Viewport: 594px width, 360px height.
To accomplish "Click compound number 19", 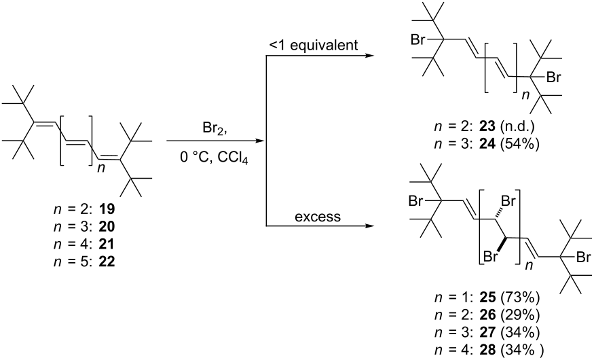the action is (x=107, y=209).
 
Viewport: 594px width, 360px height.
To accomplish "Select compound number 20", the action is (x=107, y=227).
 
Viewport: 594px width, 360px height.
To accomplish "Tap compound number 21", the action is (x=107, y=244).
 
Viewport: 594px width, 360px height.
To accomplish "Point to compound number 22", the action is (x=107, y=262).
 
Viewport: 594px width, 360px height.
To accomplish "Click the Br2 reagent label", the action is (x=215, y=129).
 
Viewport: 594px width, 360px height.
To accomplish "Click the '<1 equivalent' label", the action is (x=313, y=45).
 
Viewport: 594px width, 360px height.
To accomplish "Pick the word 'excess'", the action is (x=318, y=217).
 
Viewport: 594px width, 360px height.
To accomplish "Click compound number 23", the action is (x=487, y=126).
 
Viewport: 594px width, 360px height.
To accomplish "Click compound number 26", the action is (x=487, y=315).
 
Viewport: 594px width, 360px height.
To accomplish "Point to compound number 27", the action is (x=487, y=332).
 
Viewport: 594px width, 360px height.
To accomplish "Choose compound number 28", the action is (x=487, y=350).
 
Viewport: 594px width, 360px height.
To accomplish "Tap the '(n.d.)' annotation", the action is (x=517, y=126).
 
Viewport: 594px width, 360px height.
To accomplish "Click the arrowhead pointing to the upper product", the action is (x=369, y=56).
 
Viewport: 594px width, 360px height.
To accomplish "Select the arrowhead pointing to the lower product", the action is (x=369, y=226).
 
